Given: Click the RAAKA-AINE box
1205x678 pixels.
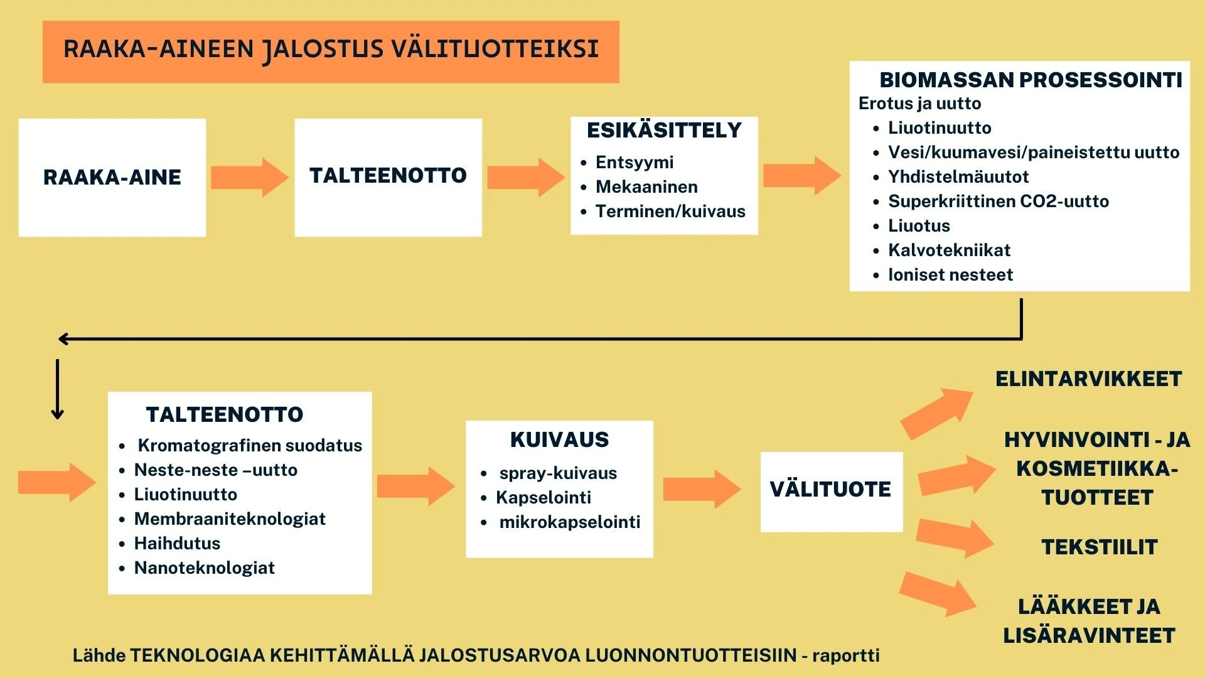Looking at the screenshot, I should pos(112,178).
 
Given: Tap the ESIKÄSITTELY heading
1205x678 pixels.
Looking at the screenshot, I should pos(664,131).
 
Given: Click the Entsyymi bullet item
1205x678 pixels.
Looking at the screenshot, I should pos(634,163).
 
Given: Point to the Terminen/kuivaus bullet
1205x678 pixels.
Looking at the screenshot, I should pos(670,212).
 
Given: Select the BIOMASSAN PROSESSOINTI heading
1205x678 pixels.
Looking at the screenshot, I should pos(1031,80).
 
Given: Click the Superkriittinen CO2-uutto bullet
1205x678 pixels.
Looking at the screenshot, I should pos(998,202).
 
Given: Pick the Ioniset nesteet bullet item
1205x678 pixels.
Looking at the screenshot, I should pos(950,275).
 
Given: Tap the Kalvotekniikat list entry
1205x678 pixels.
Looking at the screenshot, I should pos(949,250).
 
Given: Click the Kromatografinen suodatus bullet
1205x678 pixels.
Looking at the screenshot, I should pos(250,446).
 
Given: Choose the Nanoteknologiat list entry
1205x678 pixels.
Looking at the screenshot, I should pos(205,568).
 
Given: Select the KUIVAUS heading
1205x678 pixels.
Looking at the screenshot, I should pos(559,440).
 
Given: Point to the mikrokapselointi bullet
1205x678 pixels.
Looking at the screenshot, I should pos(569,522).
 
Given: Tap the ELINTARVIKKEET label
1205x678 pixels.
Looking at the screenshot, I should pos(1088,379).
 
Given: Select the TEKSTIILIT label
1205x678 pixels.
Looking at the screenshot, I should pos(1099,547).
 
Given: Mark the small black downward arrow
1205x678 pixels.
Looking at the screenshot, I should pos(57,389).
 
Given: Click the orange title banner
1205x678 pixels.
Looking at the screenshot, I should pos(331,51).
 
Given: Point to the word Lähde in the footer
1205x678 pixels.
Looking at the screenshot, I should pos(99,655).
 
